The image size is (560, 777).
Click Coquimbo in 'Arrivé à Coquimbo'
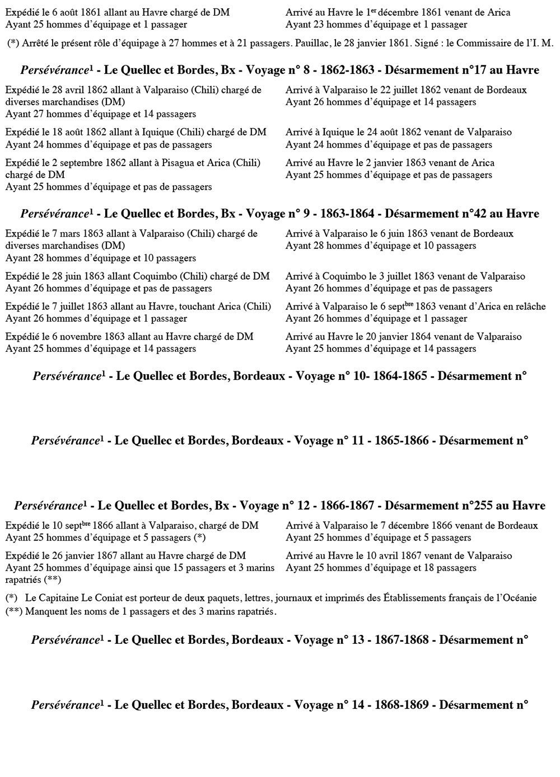coord(341,276)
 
